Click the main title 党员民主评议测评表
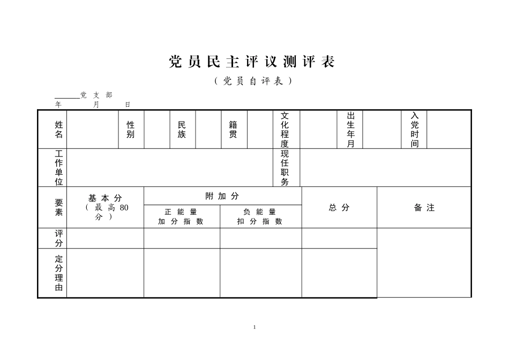pos(252,62)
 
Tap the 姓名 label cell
pos(58,129)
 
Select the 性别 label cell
pos(131,129)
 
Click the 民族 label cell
pos(182,129)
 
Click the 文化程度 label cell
pos(285,130)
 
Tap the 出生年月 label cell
pos(351,130)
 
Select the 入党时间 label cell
pos(415,130)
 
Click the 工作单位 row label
pos(58,168)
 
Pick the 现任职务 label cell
pos(285,168)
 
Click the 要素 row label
pos(58,207)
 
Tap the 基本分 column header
pos(105,207)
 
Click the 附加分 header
pos(222,196)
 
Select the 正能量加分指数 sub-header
pos(181,216)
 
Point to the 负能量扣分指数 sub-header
pos(260,216)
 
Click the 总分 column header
pos(339,207)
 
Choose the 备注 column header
pos(424,207)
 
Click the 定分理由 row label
pos(58,273)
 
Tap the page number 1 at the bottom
pos(254,327)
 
